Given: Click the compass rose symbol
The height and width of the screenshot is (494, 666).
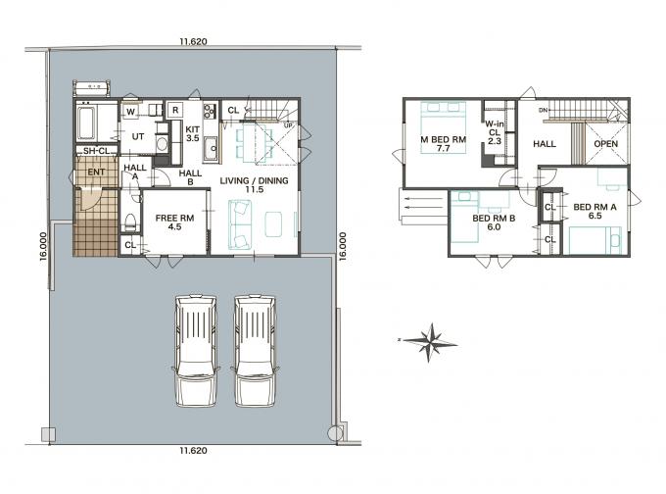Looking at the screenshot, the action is click(430, 342).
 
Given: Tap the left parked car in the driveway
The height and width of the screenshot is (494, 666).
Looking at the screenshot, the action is click(196, 351).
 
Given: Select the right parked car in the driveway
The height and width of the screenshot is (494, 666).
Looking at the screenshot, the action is click(256, 351).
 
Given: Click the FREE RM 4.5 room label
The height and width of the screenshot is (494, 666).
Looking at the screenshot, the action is click(174, 222).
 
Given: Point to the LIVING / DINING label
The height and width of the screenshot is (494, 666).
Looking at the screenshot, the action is click(254, 180).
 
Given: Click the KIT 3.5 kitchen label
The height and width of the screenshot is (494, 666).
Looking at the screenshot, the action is click(192, 133).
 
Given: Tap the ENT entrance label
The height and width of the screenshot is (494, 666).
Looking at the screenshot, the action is click(96, 173).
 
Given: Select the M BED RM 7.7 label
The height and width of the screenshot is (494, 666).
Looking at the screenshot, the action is click(443, 144).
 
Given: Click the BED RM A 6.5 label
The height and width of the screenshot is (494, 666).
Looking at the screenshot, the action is click(595, 212).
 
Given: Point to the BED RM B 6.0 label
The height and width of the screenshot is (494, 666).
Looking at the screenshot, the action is click(494, 222).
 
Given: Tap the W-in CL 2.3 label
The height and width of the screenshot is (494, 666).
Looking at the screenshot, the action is click(495, 132).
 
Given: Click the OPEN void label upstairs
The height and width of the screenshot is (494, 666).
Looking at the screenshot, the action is click(605, 144).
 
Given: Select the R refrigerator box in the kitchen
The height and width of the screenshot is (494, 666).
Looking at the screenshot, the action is click(175, 111).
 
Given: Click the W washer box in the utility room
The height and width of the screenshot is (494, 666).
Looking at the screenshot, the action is click(131, 112).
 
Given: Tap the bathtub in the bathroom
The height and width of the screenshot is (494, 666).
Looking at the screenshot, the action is click(86, 123).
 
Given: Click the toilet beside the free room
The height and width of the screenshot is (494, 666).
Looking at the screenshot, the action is click(131, 222).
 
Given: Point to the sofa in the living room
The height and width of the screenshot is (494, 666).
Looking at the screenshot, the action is click(240, 224).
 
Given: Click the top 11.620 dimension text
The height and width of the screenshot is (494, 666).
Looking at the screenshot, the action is click(193, 42).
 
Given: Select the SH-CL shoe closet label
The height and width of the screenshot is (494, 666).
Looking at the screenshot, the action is click(96, 151).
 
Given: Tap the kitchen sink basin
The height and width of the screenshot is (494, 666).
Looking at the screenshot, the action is click(212, 148).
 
